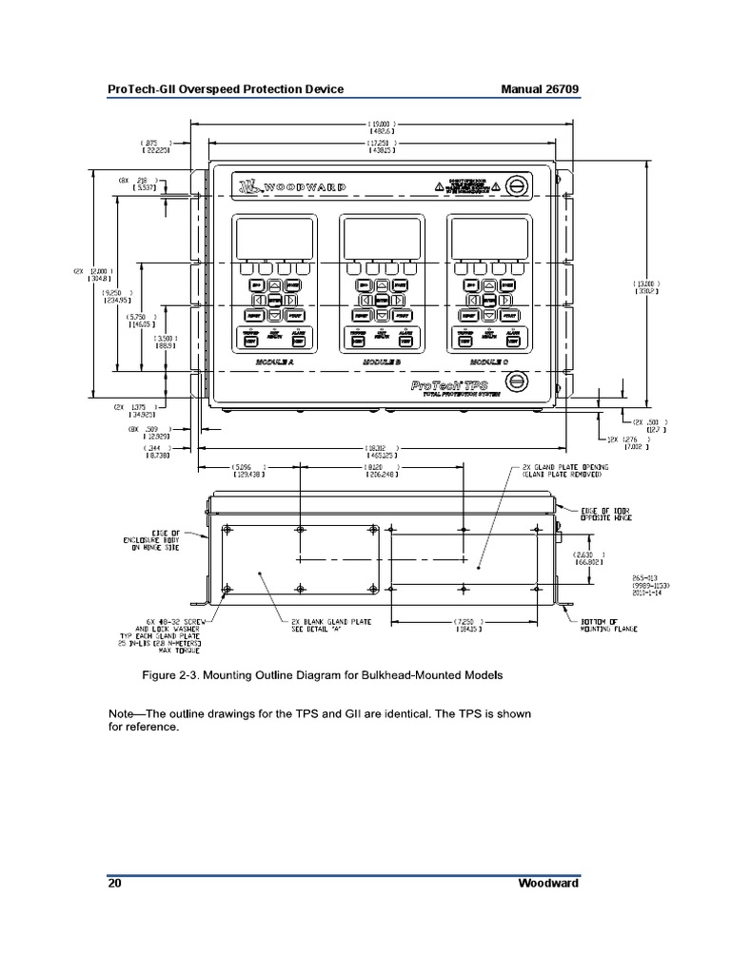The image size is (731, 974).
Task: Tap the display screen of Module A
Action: click(x=274, y=236)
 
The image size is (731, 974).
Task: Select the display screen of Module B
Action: click(x=381, y=236)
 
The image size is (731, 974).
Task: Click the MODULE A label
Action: click(x=275, y=363)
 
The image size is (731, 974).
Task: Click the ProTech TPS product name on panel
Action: click(x=450, y=385)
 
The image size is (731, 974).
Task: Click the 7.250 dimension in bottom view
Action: click(x=466, y=625)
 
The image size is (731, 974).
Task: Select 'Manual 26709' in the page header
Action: click(x=540, y=89)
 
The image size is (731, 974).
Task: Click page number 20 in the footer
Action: click(x=114, y=883)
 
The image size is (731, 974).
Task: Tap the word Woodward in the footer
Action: click(x=548, y=883)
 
